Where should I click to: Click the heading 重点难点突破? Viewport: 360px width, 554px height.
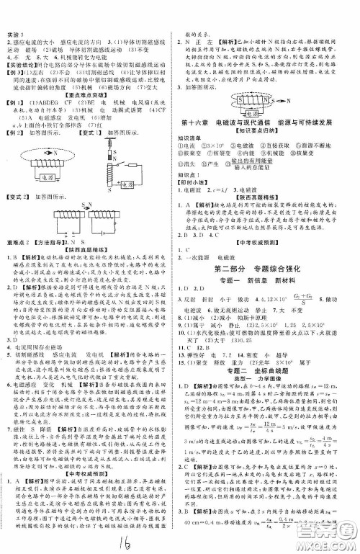coord(90,115)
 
